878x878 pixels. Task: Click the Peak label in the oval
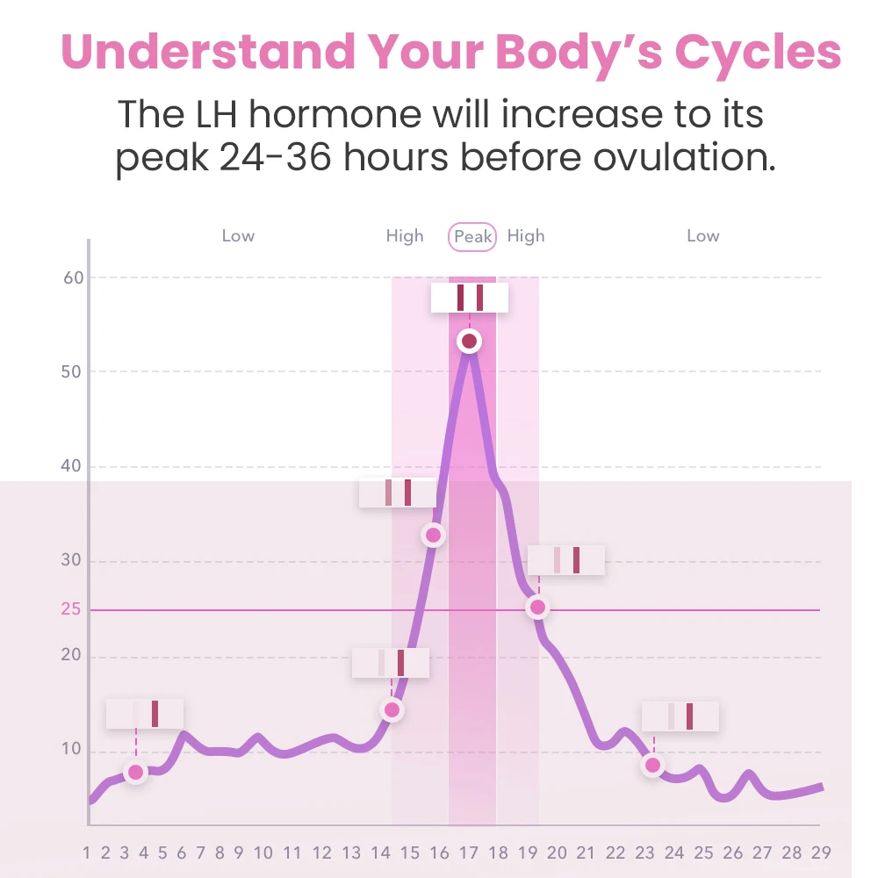[x=472, y=237]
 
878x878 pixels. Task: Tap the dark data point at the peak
[x=469, y=341]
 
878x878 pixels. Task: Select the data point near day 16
[x=433, y=534]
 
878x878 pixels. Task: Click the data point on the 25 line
[x=537, y=607]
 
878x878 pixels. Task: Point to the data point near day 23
[x=652, y=765]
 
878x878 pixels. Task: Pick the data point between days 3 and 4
[x=135, y=773]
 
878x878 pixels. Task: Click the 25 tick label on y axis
[x=71, y=608]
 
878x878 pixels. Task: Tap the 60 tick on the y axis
[x=73, y=278]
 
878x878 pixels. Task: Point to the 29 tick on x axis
[x=821, y=853]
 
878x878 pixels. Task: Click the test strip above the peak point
[x=470, y=298]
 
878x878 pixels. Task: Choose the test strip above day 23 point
[x=680, y=716]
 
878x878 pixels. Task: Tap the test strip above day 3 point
[x=145, y=714]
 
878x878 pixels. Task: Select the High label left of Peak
[x=405, y=236]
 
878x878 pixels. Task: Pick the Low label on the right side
[x=702, y=236]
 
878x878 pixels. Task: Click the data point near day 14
[x=392, y=709]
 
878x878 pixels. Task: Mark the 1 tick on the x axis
[x=87, y=853]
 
